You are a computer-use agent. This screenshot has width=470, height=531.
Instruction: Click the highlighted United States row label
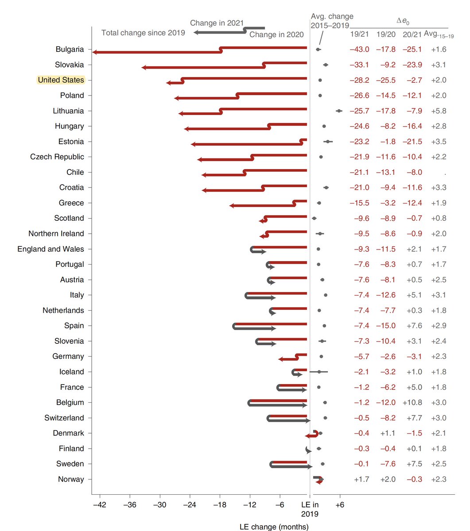61,80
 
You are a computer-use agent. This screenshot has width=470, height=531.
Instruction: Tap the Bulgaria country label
70,50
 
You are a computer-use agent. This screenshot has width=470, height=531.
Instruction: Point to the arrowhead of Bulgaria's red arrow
95,52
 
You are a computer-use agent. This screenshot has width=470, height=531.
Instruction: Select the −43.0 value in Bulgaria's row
359,50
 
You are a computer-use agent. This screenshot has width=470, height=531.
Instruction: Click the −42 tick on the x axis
100,504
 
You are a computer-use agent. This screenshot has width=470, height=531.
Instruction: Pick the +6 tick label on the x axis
339,504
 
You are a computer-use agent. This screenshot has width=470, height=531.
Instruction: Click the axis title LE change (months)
274,527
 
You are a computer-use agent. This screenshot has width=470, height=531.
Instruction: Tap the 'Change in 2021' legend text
217,23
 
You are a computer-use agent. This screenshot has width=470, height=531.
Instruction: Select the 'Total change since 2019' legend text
143,33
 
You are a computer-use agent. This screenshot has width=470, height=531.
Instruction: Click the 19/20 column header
385,34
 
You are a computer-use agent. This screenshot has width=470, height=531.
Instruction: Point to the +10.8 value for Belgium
412,403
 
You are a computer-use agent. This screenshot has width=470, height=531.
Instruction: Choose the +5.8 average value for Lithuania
439,111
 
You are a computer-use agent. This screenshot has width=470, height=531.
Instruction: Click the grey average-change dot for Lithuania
339,111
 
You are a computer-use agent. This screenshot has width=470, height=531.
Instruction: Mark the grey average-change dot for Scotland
314,218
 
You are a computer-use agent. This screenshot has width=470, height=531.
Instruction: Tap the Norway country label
71,479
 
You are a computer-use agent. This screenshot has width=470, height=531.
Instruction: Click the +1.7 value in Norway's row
361,479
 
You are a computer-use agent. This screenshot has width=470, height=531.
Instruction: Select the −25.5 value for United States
385,80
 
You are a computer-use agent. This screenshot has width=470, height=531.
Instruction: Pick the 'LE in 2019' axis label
310,509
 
